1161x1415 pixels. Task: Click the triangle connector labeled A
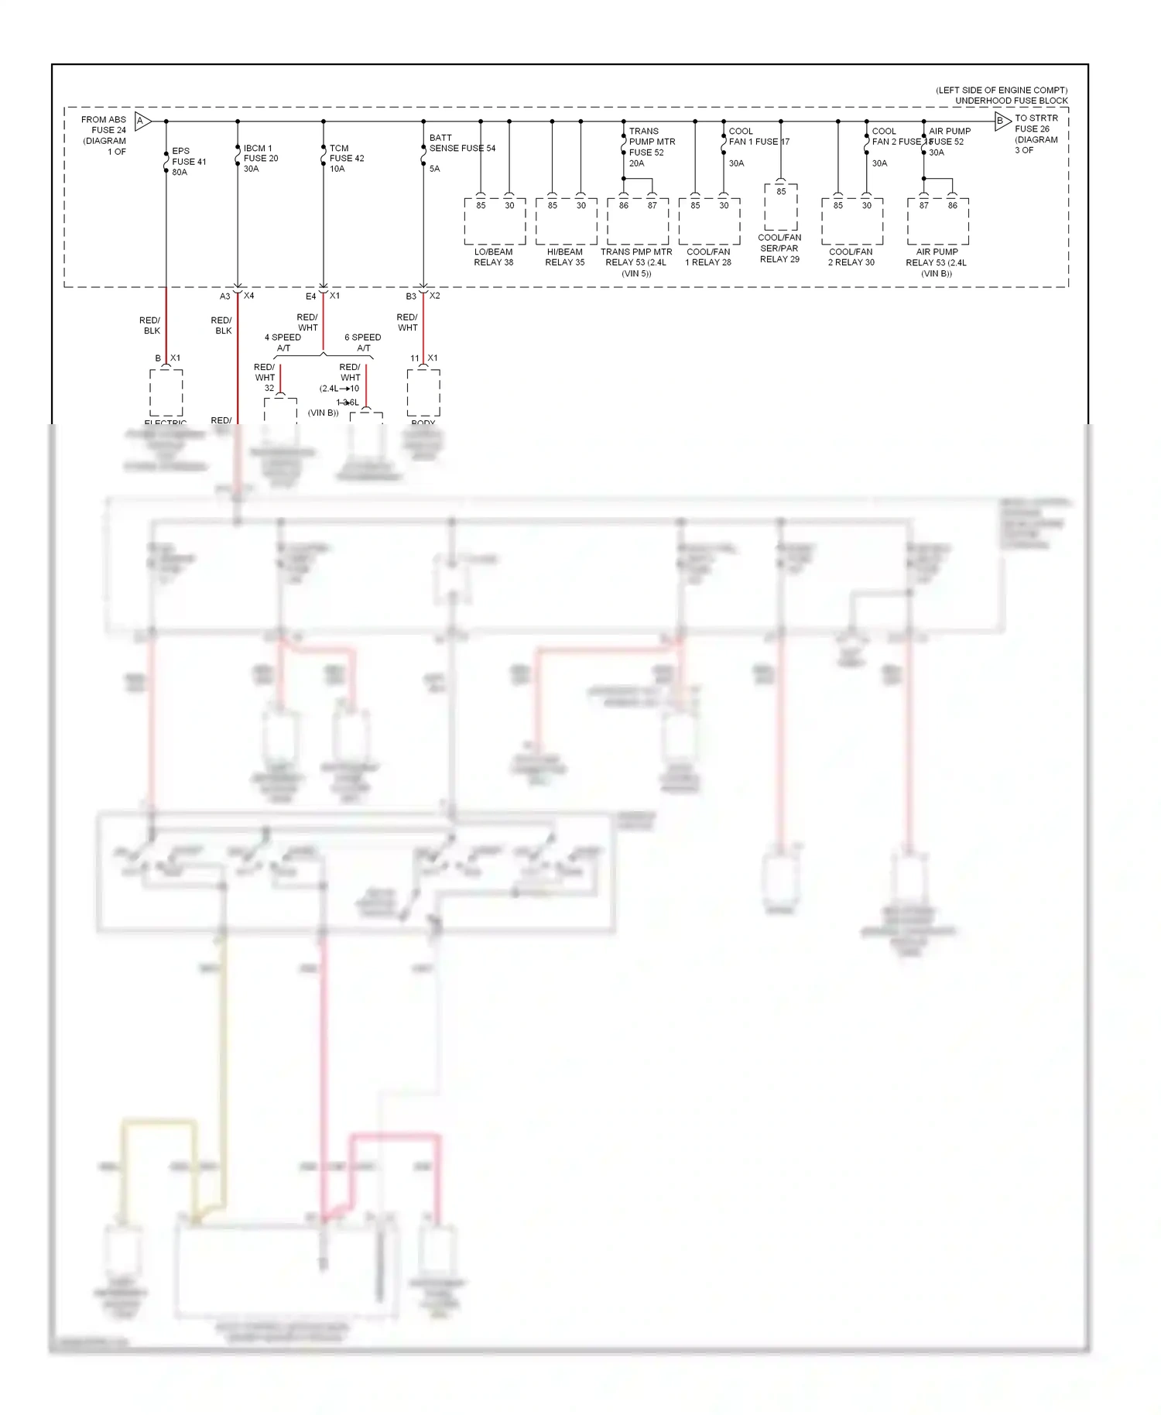tap(142, 121)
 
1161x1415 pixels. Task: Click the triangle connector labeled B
tap(1002, 121)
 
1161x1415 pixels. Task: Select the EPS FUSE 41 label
tap(188, 157)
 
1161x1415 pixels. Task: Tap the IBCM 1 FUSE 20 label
tap(260, 153)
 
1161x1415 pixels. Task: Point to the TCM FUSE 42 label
tap(346, 153)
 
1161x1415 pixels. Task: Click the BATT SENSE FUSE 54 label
tap(461, 143)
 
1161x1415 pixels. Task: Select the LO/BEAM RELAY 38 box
tap(495, 221)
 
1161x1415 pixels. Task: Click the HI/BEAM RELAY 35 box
tap(566, 221)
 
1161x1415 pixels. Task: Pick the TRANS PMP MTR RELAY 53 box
tap(638, 221)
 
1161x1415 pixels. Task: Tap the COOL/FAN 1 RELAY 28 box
tap(709, 221)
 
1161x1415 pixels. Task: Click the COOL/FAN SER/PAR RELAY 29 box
tap(780, 207)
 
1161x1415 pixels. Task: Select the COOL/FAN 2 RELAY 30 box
tap(852, 221)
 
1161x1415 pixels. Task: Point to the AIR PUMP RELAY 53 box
tap(937, 221)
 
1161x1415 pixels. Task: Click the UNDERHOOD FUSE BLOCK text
tap(1011, 101)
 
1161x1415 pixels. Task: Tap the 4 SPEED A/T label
tap(283, 342)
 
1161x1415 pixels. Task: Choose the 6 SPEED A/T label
tap(362, 342)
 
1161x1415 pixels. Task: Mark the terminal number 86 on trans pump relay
tap(624, 206)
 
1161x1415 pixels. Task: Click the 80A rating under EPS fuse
tap(180, 173)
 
